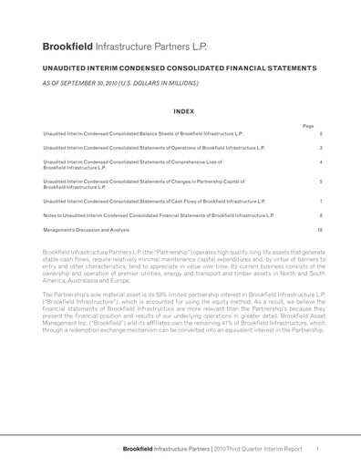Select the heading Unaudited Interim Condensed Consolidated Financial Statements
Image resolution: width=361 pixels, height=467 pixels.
pyautogui.click(x=180, y=67)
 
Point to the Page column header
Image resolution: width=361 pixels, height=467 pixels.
pyautogui.click(x=307, y=125)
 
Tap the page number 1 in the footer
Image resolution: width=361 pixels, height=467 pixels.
pyautogui.click(x=316, y=449)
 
